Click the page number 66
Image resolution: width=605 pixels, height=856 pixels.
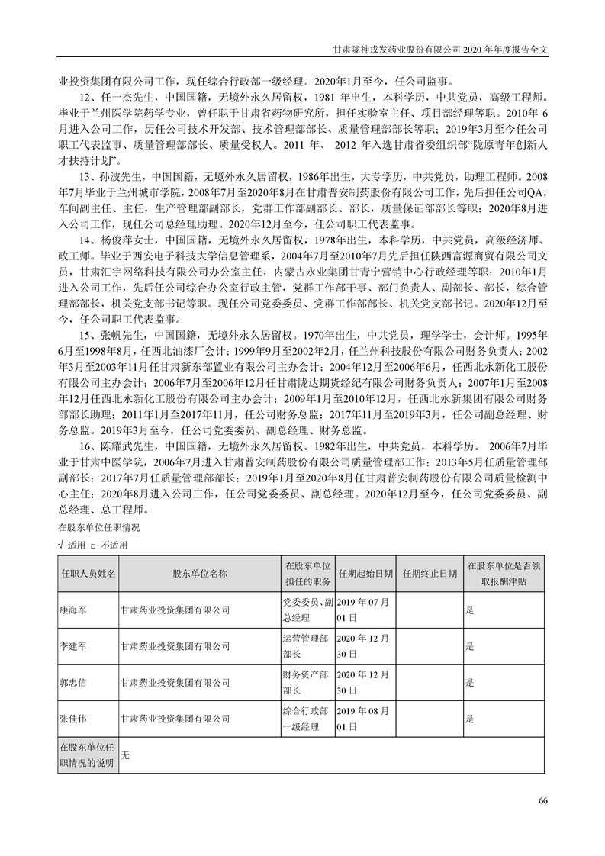point(542,800)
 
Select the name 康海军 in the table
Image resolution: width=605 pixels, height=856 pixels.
point(73,610)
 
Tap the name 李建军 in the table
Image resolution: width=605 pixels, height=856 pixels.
point(73,645)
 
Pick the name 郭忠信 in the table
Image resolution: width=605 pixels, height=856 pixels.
point(73,682)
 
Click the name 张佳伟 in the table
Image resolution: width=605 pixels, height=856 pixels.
point(73,718)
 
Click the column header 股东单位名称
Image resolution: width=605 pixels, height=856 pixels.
point(200,574)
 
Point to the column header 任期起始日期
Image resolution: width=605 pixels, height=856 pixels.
point(365,574)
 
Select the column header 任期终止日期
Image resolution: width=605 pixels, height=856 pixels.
point(430,574)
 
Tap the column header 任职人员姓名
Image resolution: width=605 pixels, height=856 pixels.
point(88,574)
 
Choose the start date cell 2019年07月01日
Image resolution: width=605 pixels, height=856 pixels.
point(363,610)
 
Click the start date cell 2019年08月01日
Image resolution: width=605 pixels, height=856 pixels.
point(363,718)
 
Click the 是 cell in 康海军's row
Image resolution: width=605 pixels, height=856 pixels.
point(470,610)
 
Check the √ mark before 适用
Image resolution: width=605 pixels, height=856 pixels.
point(61,545)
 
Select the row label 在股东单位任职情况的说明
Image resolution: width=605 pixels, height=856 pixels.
point(88,755)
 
